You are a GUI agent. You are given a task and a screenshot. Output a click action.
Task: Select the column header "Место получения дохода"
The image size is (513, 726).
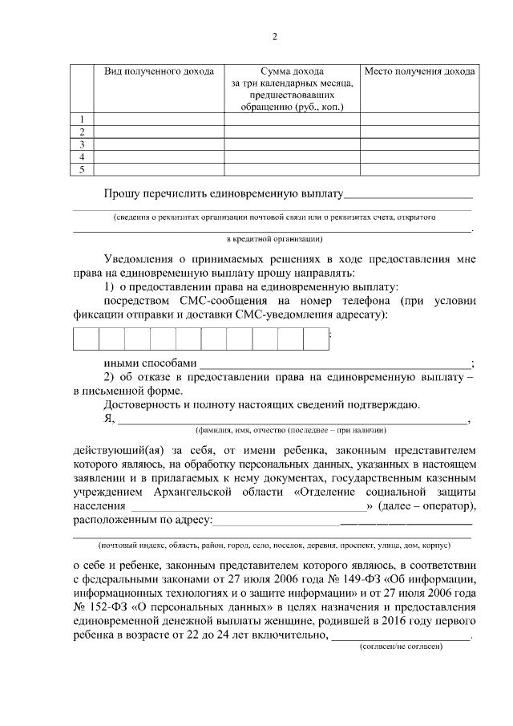[x=419, y=71]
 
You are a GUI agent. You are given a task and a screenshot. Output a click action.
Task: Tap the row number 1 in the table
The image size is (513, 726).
[x=82, y=119]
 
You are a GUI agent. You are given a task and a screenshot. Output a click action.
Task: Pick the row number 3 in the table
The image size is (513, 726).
[x=82, y=144]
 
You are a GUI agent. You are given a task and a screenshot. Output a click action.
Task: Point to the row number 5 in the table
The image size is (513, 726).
[x=82, y=169]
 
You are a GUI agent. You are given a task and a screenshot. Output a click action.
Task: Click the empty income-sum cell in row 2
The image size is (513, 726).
[x=291, y=132]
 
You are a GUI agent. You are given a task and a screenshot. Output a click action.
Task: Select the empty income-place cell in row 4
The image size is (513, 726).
[x=419, y=156]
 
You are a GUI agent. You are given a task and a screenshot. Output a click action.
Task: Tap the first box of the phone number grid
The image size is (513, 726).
[x=87, y=339]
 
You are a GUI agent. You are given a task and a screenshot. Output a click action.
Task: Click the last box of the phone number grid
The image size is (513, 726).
[x=316, y=339]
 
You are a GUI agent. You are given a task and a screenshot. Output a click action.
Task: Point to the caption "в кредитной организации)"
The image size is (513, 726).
[x=274, y=238]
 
